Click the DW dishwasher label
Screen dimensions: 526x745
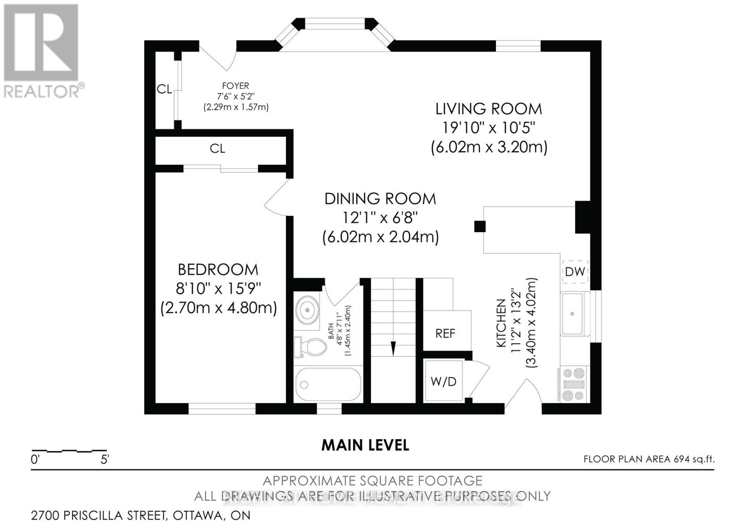(575, 272)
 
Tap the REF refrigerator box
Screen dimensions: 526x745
(445, 333)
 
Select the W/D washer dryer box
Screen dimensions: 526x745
(443, 382)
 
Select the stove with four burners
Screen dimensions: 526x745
(573, 384)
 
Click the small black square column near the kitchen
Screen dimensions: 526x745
(480, 226)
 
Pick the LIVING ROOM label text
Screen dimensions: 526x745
(488, 109)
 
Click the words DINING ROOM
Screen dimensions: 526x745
(380, 199)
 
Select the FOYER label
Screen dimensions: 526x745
(236, 86)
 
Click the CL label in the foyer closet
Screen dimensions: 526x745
(164, 89)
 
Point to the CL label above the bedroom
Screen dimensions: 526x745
(217, 148)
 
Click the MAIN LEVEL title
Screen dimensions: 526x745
(365, 445)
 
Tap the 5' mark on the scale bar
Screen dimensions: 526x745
(105, 460)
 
